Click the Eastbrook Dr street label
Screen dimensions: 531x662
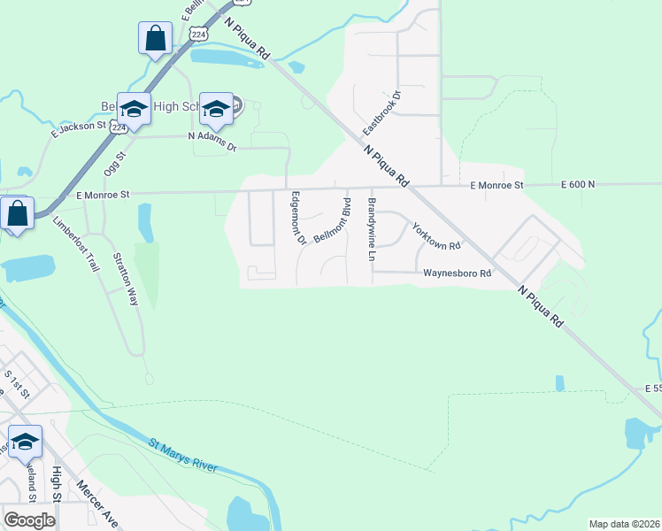[x=381, y=112]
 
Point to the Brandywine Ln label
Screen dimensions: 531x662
[x=373, y=229]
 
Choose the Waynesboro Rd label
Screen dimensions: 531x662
[x=456, y=274]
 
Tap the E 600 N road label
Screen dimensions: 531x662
[x=578, y=184]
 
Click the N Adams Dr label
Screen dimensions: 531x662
[x=212, y=137]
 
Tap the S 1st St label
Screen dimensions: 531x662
[x=17, y=381]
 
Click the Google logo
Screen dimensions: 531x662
[x=29, y=520]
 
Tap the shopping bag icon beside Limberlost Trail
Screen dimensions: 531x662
[x=17, y=213]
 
